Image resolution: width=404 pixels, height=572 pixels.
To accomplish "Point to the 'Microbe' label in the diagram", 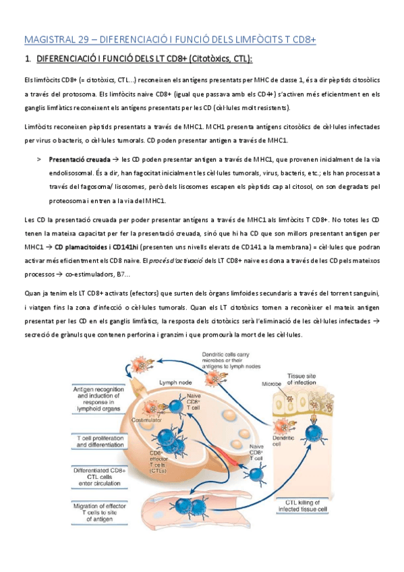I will pyautogui.click(x=273, y=384).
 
